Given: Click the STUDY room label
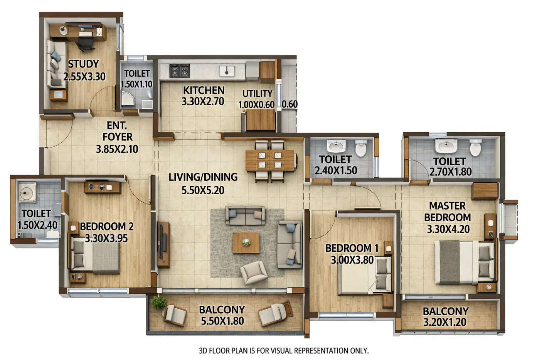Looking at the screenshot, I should pyautogui.click(x=84, y=64).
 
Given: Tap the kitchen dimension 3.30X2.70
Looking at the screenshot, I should pyautogui.click(x=203, y=102).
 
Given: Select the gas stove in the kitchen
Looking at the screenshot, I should pyautogui.click(x=180, y=71).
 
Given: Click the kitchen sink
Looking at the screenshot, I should pyautogui.click(x=227, y=71).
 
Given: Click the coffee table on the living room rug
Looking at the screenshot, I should pyautogui.click(x=246, y=242).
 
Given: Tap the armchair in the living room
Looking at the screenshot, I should pyautogui.click(x=253, y=272).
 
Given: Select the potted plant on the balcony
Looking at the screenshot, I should pyautogui.click(x=158, y=303).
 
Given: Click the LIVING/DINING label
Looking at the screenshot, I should pyautogui.click(x=203, y=177).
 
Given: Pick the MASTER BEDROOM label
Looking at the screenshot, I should pyautogui.click(x=448, y=211).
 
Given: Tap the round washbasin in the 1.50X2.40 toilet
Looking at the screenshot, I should pyautogui.click(x=27, y=193).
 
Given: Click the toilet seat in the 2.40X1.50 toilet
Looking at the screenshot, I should pyautogui.click(x=361, y=148).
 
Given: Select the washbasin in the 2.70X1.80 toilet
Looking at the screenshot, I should pyautogui.click(x=446, y=146).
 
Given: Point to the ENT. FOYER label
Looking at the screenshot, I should pyautogui.click(x=117, y=131).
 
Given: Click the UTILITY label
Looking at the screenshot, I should pyautogui.click(x=257, y=94).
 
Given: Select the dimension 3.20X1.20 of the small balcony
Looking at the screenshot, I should pyautogui.click(x=445, y=322).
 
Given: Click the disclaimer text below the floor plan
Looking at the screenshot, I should pyautogui.click(x=283, y=351).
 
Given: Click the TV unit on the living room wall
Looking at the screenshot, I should pyautogui.click(x=163, y=245).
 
